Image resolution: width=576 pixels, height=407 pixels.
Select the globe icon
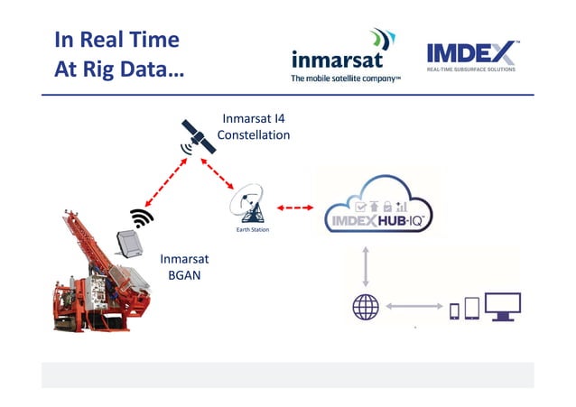(x=366, y=308)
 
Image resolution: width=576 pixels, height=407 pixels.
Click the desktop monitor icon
(x=502, y=306)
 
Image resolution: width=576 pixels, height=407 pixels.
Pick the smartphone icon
(x=455, y=310)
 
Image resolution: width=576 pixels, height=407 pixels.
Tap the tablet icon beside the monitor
(x=471, y=309)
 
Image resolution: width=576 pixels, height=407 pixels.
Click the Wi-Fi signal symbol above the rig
(x=141, y=218)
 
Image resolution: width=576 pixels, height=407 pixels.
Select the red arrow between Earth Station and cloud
(x=293, y=208)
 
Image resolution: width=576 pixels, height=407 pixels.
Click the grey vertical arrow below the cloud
(x=366, y=267)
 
